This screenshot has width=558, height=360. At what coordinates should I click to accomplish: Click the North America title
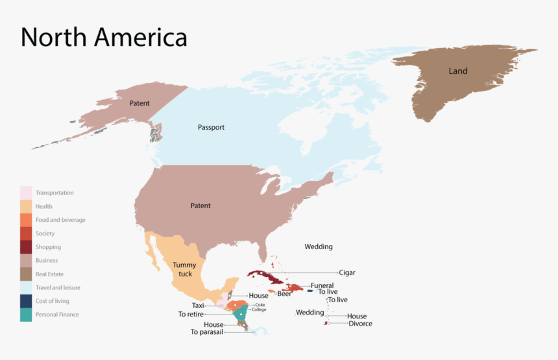104,37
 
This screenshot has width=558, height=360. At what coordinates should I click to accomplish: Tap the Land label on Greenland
458,71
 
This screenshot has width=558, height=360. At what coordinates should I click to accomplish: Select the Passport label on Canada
211,127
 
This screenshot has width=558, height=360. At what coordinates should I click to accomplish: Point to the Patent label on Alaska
139,103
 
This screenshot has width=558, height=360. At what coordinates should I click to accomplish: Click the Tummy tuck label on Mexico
184,269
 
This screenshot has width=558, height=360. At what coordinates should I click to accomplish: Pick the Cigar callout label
347,272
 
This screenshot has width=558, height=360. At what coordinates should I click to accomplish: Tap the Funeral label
322,285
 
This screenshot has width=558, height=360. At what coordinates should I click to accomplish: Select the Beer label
284,294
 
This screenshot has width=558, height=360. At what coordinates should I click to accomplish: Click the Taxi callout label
198,306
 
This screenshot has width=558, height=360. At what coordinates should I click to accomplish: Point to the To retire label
191,314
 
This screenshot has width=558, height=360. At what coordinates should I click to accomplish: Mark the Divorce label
360,324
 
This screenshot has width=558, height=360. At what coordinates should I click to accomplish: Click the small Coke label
260,304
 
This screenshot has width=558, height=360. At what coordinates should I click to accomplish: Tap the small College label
259,309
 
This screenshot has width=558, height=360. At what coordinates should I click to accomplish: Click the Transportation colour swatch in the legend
26,193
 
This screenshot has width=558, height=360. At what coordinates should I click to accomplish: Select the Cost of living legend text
52,301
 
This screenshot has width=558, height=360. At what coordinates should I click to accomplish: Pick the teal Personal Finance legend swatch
26,315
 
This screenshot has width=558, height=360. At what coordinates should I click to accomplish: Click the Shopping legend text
48,247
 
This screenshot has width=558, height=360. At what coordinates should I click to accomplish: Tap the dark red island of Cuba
266,277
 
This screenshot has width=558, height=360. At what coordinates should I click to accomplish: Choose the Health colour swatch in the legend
26,206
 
